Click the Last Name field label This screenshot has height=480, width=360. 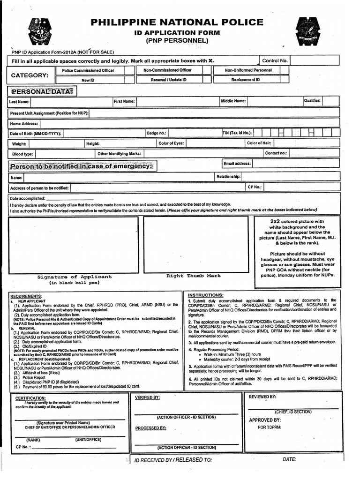click(19, 102)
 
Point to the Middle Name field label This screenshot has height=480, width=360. click(233, 101)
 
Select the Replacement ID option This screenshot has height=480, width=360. click(245, 80)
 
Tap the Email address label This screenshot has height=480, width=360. click(237, 164)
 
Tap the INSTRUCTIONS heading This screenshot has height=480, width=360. click(205, 294)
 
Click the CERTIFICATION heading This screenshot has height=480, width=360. click(30, 397)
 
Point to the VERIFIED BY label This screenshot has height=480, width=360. click(147, 397)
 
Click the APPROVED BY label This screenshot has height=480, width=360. click(264, 420)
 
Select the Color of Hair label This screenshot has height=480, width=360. click(259, 143)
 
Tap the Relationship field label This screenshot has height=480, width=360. click(228, 177)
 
